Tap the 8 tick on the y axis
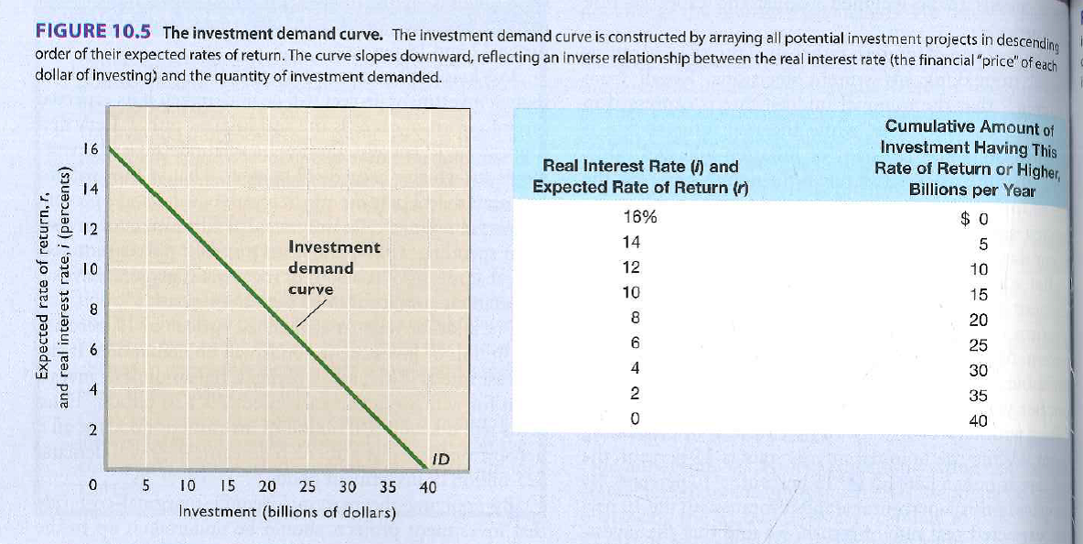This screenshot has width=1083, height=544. point(92,310)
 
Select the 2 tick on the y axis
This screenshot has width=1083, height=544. point(92,430)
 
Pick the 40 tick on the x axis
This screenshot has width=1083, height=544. point(427,487)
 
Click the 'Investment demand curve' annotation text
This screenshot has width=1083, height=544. point(334,267)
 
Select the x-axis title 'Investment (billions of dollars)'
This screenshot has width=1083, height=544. point(287,512)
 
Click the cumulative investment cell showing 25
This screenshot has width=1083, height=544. point(978,345)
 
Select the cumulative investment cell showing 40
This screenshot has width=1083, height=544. point(978,422)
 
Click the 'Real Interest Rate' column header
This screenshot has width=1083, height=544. point(640,177)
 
